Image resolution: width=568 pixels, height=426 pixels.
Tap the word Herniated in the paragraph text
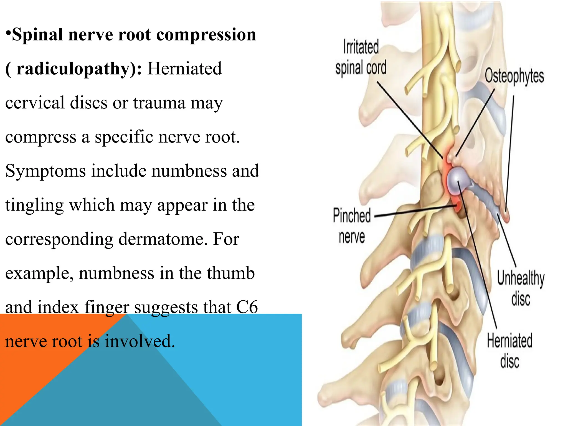pyautogui.click(x=184, y=69)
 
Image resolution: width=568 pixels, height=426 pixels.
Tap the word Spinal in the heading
pyautogui.click(x=37, y=35)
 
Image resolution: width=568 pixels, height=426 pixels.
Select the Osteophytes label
pyautogui.click(x=514, y=76)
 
